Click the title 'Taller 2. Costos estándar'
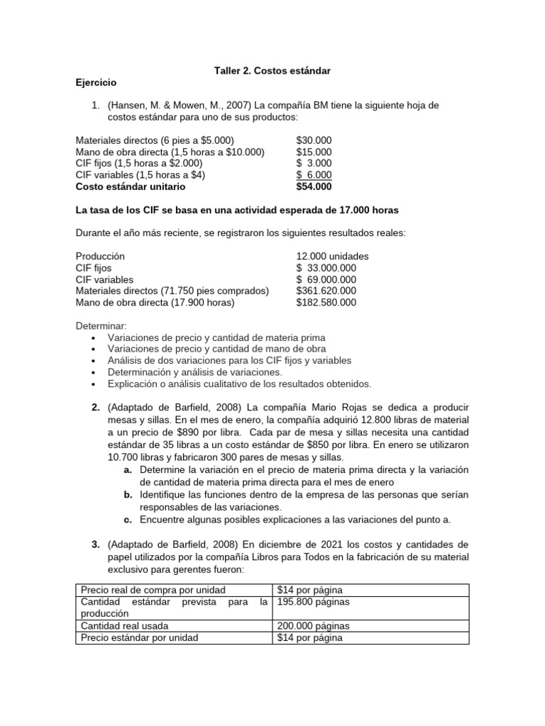[272, 71]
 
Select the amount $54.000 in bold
[314, 186]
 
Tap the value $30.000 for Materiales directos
[314, 140]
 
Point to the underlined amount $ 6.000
[314, 175]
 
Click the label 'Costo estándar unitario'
[131, 186]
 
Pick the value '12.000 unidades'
[332, 256]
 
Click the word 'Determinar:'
[100, 325]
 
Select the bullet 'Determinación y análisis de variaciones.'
[194, 372]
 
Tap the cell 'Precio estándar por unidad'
[139, 637]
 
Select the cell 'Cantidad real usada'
[125, 626]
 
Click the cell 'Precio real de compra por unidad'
[153, 590]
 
